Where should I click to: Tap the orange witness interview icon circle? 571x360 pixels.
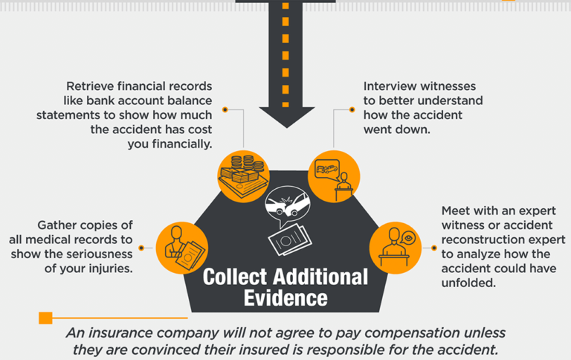pos(333,176)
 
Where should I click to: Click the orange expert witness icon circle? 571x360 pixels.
pos(396,246)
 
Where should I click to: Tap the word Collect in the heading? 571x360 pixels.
pos(237,277)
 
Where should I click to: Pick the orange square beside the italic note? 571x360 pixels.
pos(45,318)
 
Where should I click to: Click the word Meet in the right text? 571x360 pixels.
pos(456,210)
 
